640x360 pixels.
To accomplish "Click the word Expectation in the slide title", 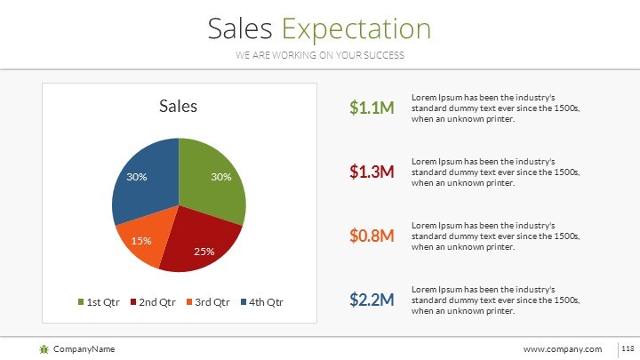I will tap(356, 29).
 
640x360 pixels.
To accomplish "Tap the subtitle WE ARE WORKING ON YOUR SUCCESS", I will tap(320, 55).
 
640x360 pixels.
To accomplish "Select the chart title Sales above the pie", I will tap(178, 107).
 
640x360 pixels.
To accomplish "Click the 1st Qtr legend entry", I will tap(99, 302).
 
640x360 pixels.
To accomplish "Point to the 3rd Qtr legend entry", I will tap(209, 302).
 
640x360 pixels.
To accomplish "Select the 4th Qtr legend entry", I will tap(261, 302).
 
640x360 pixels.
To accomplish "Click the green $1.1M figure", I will tap(372, 108).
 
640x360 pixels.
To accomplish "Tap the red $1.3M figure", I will tap(372, 172).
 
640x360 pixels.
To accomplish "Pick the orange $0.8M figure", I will tap(372, 236).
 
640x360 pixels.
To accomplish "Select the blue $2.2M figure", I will tap(372, 300).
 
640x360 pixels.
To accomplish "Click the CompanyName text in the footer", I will tap(84, 348).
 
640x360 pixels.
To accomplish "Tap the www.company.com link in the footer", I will tap(563, 348).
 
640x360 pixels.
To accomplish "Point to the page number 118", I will tap(627, 348).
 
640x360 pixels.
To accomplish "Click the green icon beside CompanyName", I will tap(44, 348).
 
